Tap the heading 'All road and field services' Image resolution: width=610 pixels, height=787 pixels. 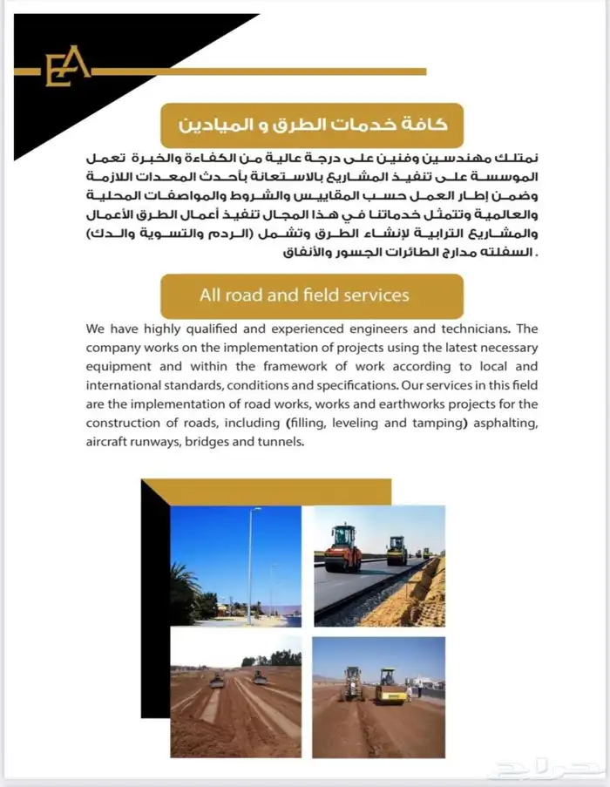(304, 295)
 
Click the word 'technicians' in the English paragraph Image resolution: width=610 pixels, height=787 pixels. (471, 329)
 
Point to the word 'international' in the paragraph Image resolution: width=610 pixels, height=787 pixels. (126, 384)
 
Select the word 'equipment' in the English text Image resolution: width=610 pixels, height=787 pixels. (119, 366)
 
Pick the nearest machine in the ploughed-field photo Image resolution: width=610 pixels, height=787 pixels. (217, 681)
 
